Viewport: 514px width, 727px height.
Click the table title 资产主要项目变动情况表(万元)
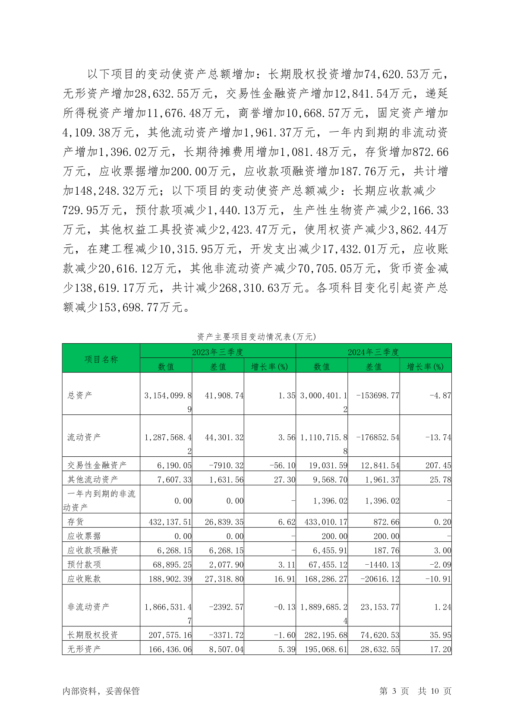pyautogui.click(x=256, y=337)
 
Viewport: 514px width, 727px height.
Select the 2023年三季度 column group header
pyautogui.click(x=218, y=352)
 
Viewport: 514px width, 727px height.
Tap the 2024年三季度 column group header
pyautogui.click(x=373, y=352)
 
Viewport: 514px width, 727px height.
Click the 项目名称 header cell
pyautogui.click(x=101, y=359)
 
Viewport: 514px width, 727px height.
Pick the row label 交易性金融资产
pyautogui.click(x=97, y=465)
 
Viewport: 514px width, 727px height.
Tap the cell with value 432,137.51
pyautogui.click(x=170, y=522)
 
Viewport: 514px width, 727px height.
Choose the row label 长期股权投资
pyautogui.click(x=92, y=635)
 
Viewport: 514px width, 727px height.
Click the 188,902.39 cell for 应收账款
pyautogui.click(x=170, y=578)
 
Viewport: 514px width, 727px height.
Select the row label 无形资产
pyautogui.click(x=84, y=649)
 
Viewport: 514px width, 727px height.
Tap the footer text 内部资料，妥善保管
pyautogui.click(x=101, y=691)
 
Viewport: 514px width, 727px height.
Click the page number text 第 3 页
pyautogui.click(x=394, y=691)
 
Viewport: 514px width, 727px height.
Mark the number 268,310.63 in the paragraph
pyautogui.click(x=250, y=288)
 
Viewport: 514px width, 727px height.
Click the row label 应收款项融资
pyautogui.click(x=92, y=550)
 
